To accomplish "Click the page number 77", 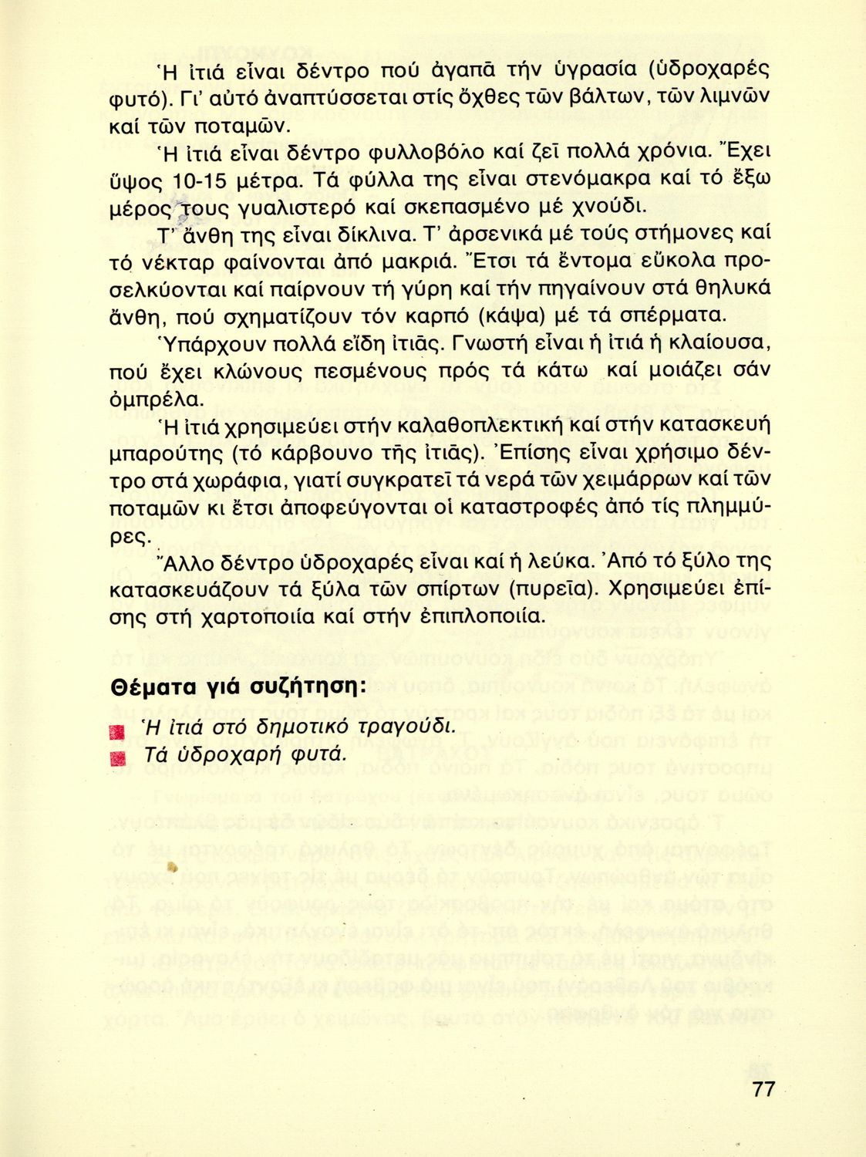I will point(762,1089).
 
